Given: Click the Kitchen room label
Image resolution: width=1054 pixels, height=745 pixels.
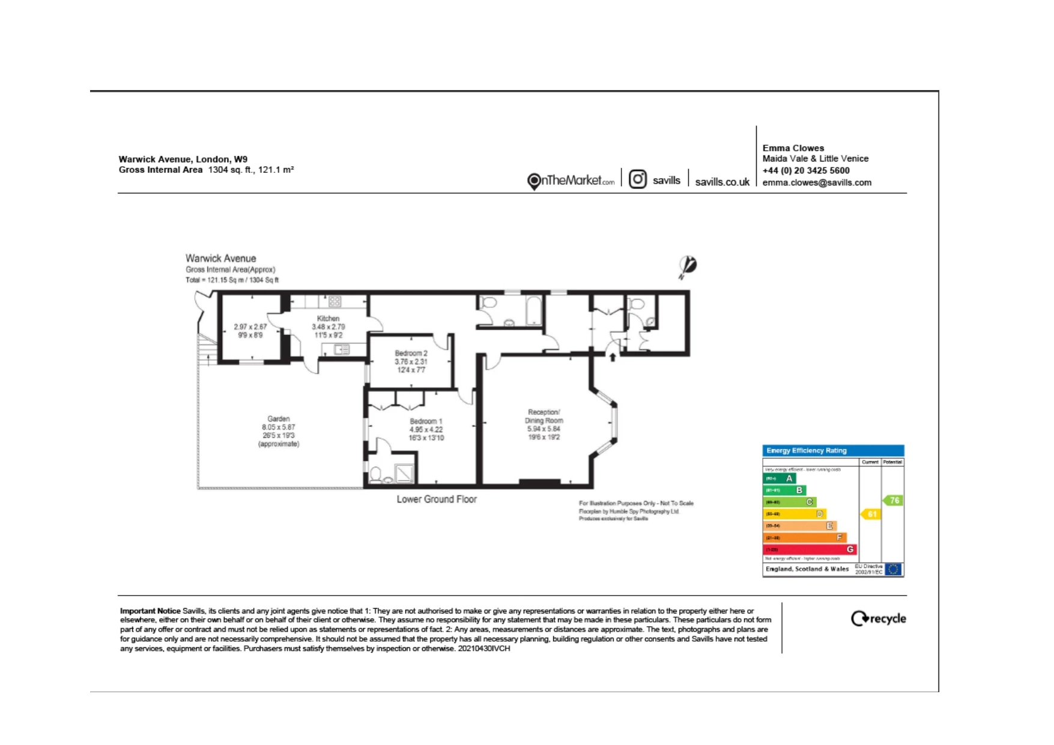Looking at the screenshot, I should (x=328, y=319).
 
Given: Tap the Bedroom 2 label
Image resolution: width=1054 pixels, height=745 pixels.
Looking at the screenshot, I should (x=411, y=354).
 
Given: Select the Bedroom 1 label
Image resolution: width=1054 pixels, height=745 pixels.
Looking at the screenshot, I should (x=426, y=421).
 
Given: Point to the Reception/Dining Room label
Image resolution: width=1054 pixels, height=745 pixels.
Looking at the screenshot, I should (x=544, y=416).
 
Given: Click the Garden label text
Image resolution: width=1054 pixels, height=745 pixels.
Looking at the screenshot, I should (x=278, y=419).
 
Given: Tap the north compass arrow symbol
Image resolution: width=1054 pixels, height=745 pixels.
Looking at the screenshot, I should (x=687, y=267).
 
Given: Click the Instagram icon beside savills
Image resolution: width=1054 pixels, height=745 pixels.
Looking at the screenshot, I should (x=637, y=179).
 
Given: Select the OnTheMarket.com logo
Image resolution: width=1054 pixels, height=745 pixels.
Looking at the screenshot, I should (x=571, y=181).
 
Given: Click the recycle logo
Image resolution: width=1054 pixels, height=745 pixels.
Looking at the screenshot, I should (x=878, y=619).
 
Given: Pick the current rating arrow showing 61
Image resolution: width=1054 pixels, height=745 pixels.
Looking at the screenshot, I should (x=871, y=514).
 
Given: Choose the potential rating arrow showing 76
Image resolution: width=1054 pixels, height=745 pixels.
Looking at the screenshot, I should (x=893, y=500).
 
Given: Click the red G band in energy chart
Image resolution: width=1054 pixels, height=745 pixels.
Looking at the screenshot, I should (x=809, y=549).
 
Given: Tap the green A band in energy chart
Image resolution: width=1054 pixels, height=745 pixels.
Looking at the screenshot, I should (x=779, y=478).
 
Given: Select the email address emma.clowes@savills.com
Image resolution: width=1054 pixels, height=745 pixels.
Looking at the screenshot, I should (x=816, y=182).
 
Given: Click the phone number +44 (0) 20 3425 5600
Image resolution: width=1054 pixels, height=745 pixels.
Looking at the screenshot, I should (x=805, y=170).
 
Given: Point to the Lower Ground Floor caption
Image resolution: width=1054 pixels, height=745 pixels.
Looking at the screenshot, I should (x=436, y=499).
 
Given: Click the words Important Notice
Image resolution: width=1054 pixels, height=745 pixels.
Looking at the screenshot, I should (x=150, y=611).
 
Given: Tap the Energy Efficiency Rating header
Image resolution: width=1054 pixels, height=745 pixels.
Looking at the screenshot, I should (x=806, y=451).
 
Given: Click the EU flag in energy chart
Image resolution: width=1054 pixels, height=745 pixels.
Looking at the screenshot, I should (x=893, y=569).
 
